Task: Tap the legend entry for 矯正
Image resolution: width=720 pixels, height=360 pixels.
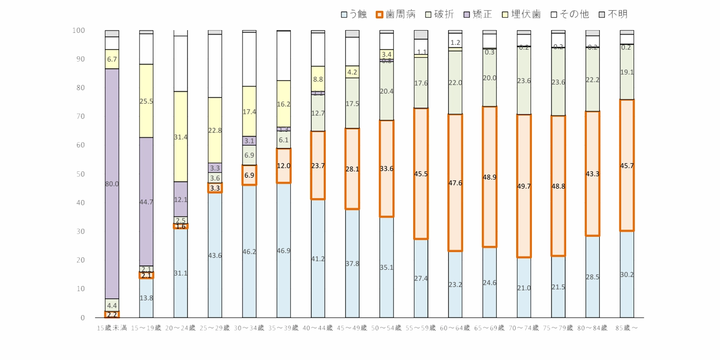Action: click(x=478, y=14)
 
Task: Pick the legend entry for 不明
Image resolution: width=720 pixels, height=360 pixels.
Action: click(x=613, y=14)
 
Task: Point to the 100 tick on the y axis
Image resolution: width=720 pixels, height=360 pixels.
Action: click(x=78, y=31)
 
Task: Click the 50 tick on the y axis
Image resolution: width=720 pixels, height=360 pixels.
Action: click(x=80, y=174)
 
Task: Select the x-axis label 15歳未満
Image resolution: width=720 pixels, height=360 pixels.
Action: click(x=112, y=328)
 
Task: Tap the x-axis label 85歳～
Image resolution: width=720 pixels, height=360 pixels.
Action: click(x=627, y=328)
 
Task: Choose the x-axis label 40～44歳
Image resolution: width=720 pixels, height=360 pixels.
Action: click(x=318, y=328)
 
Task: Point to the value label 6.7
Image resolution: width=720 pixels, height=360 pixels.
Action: click(x=112, y=59)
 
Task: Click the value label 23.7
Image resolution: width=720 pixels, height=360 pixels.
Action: click(x=318, y=166)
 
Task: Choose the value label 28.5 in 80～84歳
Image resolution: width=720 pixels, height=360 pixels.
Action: click(x=592, y=277)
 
